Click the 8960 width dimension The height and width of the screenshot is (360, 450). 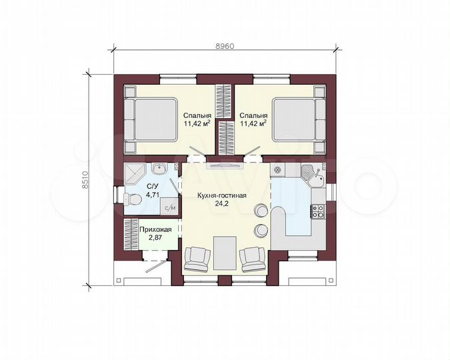pos(225,46)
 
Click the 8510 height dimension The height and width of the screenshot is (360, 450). pos(85,180)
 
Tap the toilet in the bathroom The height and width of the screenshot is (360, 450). pos(132,199)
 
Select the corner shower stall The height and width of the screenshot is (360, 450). pos(135,175)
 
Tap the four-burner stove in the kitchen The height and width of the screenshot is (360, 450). pos(318,211)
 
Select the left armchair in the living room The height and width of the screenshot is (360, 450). pos(197,259)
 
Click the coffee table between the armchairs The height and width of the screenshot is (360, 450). pos(225,253)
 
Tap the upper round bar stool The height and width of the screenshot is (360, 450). pos(261,210)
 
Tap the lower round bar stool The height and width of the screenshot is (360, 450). pos(261,230)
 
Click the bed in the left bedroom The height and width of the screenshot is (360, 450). pos(151,119)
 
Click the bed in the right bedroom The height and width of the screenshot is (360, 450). pos(299,119)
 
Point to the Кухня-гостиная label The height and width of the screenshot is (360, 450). pos(221,195)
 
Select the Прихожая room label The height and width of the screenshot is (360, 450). pos(155,229)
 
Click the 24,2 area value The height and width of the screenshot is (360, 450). pos(221,204)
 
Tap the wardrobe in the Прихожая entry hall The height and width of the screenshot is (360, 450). pos(131,234)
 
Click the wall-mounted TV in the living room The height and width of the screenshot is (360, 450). pos(225,166)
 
